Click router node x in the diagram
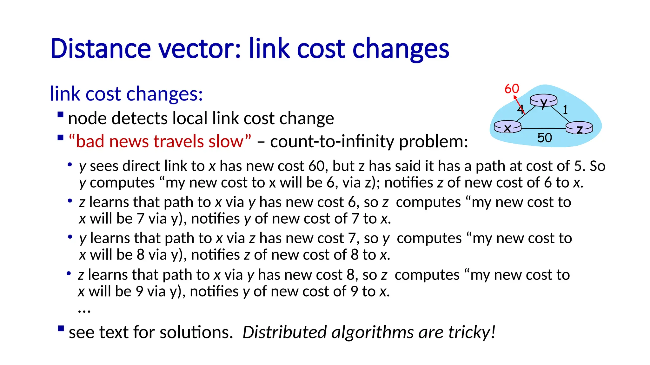[x=507, y=127]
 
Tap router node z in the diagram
[x=579, y=128]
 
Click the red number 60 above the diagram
[x=512, y=89]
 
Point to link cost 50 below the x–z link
[x=545, y=138]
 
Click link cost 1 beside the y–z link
[x=565, y=110]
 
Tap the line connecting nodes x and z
[x=543, y=128]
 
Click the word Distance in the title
[x=101, y=49]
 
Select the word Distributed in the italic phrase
[x=284, y=332]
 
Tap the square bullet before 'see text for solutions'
[x=61, y=328]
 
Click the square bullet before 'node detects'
[x=60, y=114]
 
